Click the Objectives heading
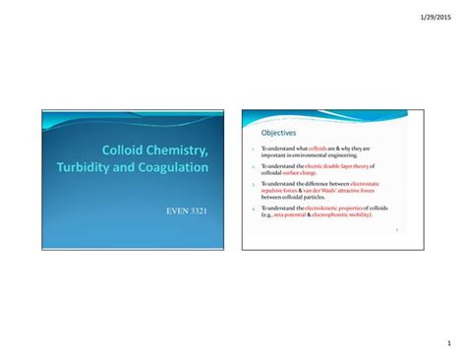click(x=278, y=133)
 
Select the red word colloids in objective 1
click(x=318, y=149)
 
